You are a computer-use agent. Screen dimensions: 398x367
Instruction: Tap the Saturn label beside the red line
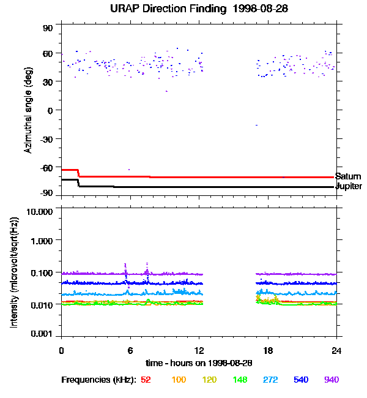point(348,176)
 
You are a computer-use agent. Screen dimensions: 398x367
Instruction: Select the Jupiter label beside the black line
point(349,186)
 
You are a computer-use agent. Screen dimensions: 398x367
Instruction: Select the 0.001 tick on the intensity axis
point(42,334)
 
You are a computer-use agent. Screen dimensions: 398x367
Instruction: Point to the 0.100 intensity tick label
point(42,272)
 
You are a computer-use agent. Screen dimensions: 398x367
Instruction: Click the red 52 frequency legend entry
point(146,380)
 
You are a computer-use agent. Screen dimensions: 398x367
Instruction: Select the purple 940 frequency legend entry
point(332,380)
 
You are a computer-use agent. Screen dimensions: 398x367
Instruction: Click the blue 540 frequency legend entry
point(301,380)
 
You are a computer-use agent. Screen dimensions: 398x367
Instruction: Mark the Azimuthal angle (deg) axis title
point(28,110)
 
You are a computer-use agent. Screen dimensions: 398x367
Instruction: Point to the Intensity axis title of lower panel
point(13,272)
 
